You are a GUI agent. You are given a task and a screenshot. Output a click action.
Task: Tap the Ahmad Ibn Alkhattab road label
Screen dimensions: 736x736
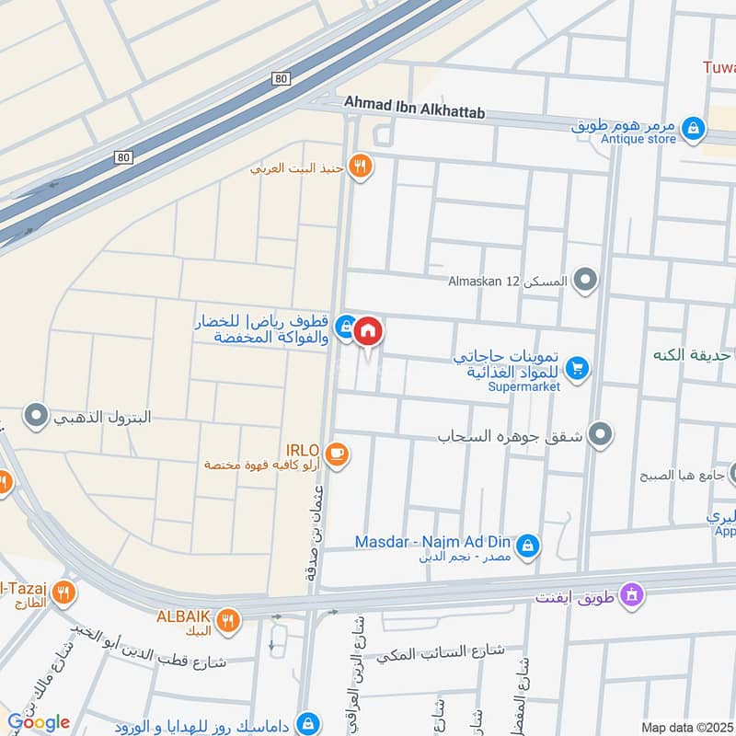tap(415, 108)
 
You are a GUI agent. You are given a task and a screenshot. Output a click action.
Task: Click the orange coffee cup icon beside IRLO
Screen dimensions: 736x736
tap(337, 454)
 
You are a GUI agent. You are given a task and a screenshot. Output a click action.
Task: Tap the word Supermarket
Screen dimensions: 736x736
tap(524, 386)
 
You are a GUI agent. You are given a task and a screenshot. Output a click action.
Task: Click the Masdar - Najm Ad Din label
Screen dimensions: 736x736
tap(433, 542)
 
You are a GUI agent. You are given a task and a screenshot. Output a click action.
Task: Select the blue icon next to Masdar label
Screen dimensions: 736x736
tap(527, 547)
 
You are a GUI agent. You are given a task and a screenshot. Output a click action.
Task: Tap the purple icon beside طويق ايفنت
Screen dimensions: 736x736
tap(630, 595)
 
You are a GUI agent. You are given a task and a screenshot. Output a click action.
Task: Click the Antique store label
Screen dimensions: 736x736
tap(638, 139)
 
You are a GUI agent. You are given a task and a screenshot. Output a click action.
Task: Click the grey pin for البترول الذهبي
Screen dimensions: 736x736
tap(36, 417)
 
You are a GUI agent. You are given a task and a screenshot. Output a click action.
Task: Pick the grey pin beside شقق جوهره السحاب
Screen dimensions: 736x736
tap(601, 432)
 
